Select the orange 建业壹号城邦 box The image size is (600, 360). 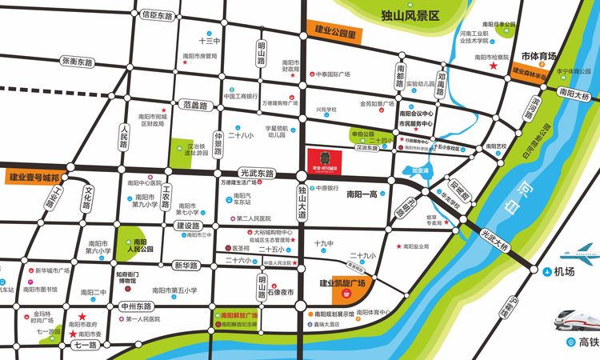34,178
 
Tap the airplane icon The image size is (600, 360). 585,254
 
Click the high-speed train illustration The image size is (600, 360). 578,314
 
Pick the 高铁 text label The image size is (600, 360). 589,342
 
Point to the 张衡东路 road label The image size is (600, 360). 77,62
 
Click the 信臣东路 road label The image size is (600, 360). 157,15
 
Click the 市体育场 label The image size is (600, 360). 538,56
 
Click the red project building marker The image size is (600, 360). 325,160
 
